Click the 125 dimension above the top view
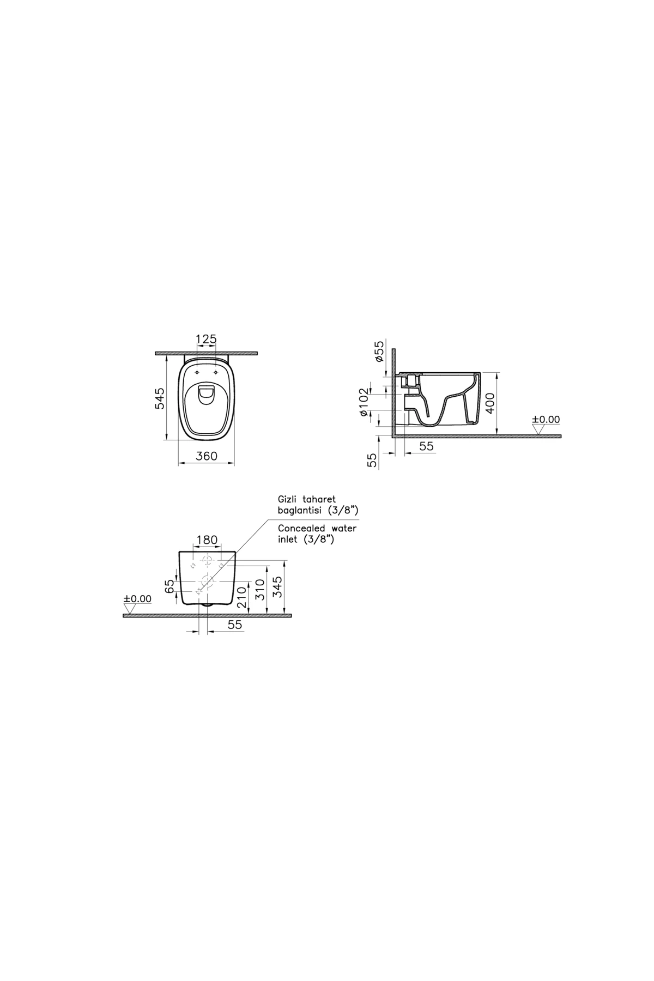click(x=207, y=339)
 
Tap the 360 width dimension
click(x=207, y=456)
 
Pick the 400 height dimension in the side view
click(x=491, y=403)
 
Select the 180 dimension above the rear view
click(x=207, y=540)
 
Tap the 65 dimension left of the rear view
click(x=169, y=586)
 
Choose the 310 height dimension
click(x=261, y=589)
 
